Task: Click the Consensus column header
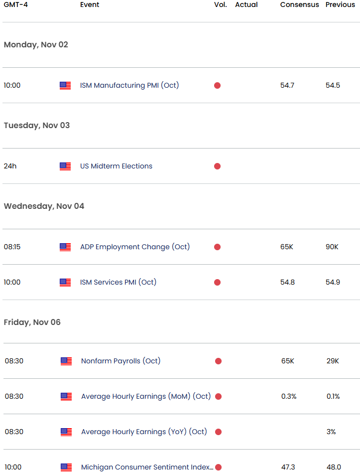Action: pyautogui.click(x=299, y=4)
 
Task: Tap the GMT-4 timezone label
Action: pyautogui.click(x=16, y=4)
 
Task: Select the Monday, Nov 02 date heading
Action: pyautogui.click(x=36, y=45)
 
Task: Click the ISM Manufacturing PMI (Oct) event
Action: pyautogui.click(x=129, y=85)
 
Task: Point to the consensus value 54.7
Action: pyautogui.click(x=287, y=85)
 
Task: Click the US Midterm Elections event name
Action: pyautogui.click(x=116, y=166)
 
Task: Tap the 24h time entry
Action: pyautogui.click(x=10, y=166)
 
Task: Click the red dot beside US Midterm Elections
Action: pyautogui.click(x=217, y=166)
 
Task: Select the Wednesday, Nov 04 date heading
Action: pyautogui.click(x=44, y=206)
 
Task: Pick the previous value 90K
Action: pyautogui.click(x=332, y=247)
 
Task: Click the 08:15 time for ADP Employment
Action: pyautogui.click(x=12, y=247)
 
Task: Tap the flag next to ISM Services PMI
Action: pyautogui.click(x=65, y=282)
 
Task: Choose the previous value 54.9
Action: pyautogui.click(x=333, y=282)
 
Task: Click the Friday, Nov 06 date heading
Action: pyautogui.click(x=32, y=322)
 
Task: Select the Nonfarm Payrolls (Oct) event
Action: pyautogui.click(x=121, y=361)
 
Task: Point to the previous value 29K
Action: pyautogui.click(x=333, y=361)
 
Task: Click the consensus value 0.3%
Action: pyautogui.click(x=289, y=396)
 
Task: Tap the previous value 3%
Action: pyautogui.click(x=331, y=432)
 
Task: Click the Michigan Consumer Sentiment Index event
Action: pyautogui.click(x=147, y=467)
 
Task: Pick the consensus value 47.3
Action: pyautogui.click(x=288, y=467)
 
